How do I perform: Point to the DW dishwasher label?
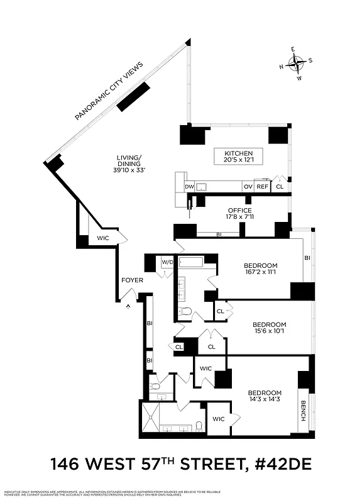tap(189, 187)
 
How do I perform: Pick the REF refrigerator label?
tap(262, 187)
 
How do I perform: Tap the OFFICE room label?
tap(239, 211)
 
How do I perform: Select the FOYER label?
tap(132, 280)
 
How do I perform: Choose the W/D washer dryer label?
tap(167, 262)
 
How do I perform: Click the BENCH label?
tap(303, 411)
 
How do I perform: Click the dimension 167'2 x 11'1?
tap(260, 273)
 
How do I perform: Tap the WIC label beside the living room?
tap(102, 238)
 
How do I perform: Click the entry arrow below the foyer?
tap(128, 306)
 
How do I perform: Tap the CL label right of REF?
tap(280, 187)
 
